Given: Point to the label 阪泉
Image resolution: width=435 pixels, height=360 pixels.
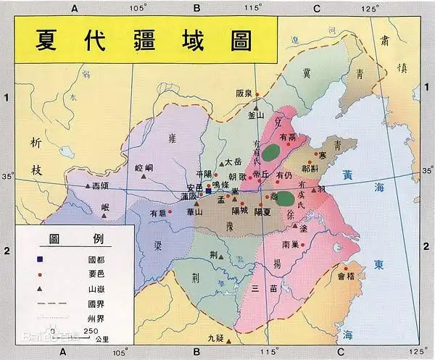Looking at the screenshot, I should click(244, 93).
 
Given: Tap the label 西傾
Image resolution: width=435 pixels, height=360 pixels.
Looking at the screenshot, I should click(101, 186).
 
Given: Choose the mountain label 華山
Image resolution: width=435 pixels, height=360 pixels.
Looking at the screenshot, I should click(194, 212).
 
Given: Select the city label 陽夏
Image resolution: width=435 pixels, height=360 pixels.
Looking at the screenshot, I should click(262, 212).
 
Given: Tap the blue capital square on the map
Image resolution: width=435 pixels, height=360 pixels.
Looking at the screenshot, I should click(209, 193).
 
